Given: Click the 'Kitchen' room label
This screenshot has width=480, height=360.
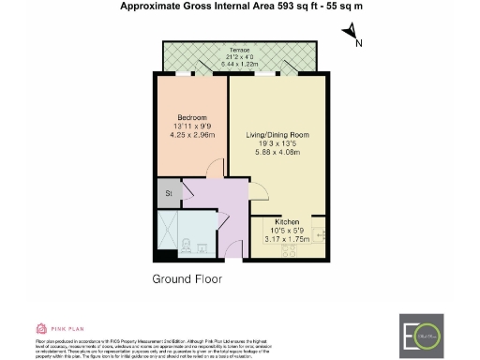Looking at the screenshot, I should [x=287, y=221].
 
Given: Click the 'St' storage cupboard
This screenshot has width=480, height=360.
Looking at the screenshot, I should [x=170, y=194].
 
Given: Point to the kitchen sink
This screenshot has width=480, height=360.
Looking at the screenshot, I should [x=321, y=233].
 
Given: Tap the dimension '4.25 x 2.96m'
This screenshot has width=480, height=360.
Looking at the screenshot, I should [x=192, y=133].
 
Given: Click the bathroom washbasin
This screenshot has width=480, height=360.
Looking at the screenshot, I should [x=203, y=247].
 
